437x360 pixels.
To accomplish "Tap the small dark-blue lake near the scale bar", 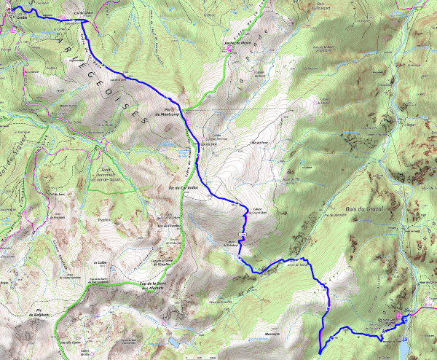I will pos(175,340).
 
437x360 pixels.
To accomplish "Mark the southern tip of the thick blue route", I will pos(320,353).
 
